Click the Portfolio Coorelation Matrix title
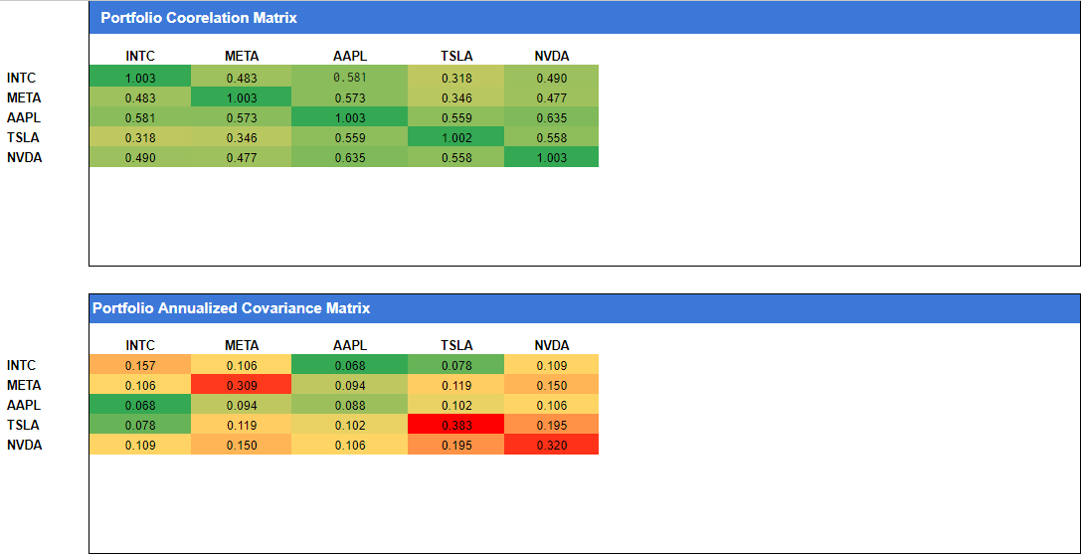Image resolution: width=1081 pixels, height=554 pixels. point(199,18)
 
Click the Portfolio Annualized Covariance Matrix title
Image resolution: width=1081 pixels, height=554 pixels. point(231,308)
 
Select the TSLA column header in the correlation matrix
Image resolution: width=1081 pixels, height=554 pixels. point(456,56)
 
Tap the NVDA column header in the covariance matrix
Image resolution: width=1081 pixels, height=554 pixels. point(551,345)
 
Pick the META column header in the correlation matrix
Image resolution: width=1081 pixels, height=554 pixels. point(242,56)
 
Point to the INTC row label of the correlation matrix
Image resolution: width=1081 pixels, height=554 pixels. point(21,78)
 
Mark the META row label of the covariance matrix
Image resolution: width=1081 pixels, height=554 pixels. point(23,385)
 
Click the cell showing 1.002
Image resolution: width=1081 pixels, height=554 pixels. point(456,137)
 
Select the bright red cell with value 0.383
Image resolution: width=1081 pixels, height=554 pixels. point(456,425)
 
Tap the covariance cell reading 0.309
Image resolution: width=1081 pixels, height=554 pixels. point(242,385)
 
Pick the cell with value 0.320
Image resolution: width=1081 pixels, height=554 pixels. point(551,445)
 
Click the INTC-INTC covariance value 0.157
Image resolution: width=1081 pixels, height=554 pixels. point(140,365)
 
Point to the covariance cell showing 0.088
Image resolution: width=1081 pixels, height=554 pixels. point(349,405)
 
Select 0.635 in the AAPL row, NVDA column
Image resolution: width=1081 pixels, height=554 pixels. point(551,117)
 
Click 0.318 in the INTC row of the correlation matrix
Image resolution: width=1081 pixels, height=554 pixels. point(456,78)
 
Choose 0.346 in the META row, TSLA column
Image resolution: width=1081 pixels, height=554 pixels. point(456,97)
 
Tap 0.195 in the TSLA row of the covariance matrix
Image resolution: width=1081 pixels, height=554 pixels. point(551,425)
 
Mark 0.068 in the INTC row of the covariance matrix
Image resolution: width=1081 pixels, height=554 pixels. point(349,365)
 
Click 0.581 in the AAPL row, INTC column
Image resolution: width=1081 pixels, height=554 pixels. point(140,117)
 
